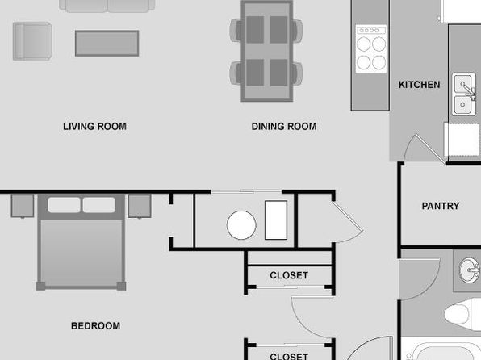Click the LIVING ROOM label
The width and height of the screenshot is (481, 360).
(x=94, y=127)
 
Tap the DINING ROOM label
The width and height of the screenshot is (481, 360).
(x=284, y=127)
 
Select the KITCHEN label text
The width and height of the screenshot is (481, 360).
(x=419, y=85)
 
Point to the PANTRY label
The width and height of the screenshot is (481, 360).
(x=441, y=206)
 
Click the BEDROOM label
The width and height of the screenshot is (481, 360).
(x=96, y=325)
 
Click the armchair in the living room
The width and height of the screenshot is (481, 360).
(x=32, y=41)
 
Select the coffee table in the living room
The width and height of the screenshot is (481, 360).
(x=107, y=44)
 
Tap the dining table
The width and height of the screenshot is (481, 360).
(x=267, y=51)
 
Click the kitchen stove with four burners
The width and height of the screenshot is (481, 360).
(x=371, y=48)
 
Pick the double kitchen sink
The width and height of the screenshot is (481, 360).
(x=464, y=94)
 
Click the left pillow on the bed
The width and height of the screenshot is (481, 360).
(x=64, y=205)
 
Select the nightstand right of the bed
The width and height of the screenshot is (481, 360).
(x=140, y=206)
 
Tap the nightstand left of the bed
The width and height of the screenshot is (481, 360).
(x=23, y=206)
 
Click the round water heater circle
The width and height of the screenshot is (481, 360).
(x=241, y=225)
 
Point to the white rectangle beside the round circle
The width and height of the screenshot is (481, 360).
(x=276, y=220)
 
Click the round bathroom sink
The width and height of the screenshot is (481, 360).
(x=469, y=270)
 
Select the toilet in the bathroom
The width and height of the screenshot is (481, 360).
(x=462, y=314)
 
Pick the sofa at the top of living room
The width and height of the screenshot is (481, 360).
(x=107, y=6)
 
